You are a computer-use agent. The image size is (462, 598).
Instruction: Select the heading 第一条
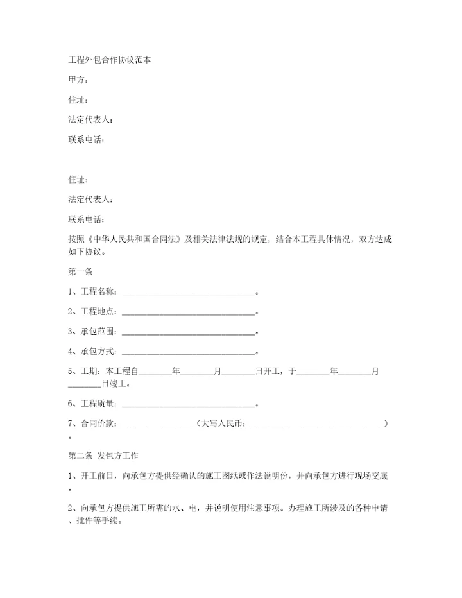click(80, 271)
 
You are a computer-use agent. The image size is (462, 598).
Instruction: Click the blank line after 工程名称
click(188, 293)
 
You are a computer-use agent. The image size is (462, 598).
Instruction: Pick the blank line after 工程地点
click(188, 312)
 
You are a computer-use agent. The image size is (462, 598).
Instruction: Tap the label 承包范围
click(98, 332)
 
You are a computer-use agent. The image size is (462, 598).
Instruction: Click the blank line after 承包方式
click(188, 352)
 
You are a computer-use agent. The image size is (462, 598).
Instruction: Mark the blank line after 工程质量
click(188, 404)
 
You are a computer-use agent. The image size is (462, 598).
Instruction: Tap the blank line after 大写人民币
click(316, 425)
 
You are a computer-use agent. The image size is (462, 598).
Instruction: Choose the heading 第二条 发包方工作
click(107, 456)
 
